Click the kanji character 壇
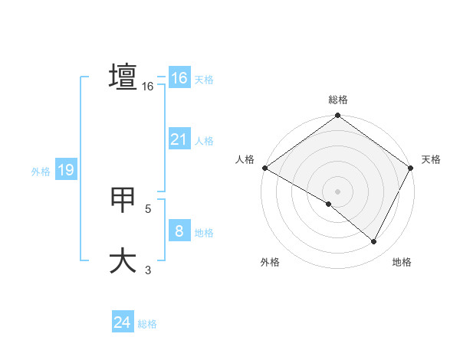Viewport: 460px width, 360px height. [123, 77]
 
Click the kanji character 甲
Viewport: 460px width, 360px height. [123, 200]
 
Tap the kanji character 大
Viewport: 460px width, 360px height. [123, 260]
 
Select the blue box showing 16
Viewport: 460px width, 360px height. [179, 78]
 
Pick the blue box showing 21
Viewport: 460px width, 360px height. [179, 139]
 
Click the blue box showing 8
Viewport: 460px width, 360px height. [179, 231]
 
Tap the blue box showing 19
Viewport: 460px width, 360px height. [66, 170]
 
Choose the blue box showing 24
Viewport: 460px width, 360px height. [123, 322]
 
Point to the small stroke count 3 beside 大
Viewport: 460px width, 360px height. [148, 270]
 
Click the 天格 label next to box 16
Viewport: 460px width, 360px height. [204, 80]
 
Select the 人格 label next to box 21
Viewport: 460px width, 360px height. [204, 141]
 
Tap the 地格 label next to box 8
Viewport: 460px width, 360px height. [204, 233]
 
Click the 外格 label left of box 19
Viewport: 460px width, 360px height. [41, 172]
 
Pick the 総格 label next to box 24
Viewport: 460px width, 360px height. [147, 324]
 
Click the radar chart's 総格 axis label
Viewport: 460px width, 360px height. [337, 100]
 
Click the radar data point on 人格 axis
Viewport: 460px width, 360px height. [264, 168]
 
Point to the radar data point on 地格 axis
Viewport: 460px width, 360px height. [374, 242]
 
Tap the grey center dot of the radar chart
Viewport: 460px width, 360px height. [337, 191]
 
